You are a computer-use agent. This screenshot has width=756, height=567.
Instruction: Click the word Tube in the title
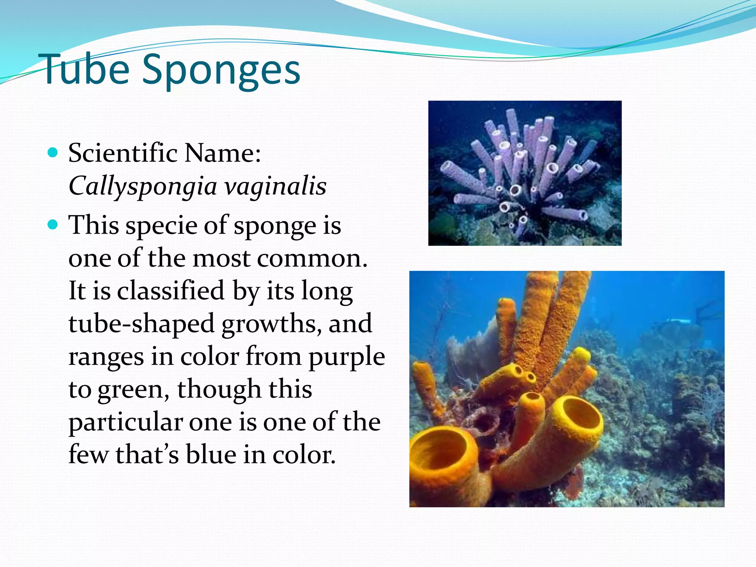86,69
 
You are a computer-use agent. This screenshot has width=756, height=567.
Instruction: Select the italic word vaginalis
275,186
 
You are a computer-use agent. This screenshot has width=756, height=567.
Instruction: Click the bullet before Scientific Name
53,152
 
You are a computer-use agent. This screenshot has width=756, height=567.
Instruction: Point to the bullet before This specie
53,224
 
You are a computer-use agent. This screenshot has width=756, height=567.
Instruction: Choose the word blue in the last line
210,455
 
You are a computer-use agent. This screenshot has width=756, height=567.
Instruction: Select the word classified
171,291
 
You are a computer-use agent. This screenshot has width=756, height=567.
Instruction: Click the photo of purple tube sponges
525,173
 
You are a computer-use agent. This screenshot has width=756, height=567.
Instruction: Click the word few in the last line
88,455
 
